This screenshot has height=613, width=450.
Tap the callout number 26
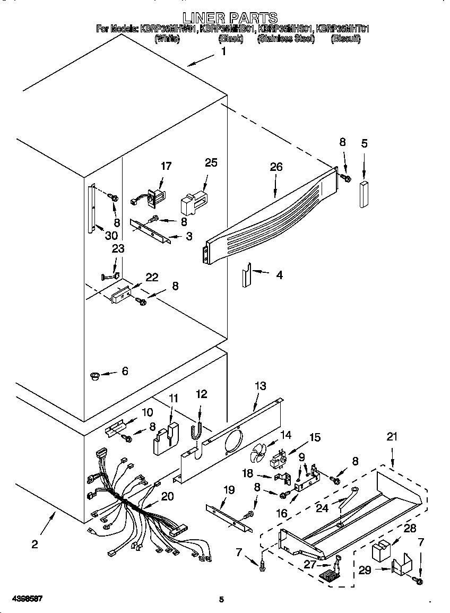point(276,167)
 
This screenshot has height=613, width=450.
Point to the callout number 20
point(167,496)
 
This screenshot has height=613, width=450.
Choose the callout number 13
point(260,386)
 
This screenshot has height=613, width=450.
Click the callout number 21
point(392,437)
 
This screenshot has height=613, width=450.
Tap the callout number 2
point(34,544)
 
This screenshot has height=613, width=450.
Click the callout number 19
point(228,490)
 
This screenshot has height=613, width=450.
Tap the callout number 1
point(223,51)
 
